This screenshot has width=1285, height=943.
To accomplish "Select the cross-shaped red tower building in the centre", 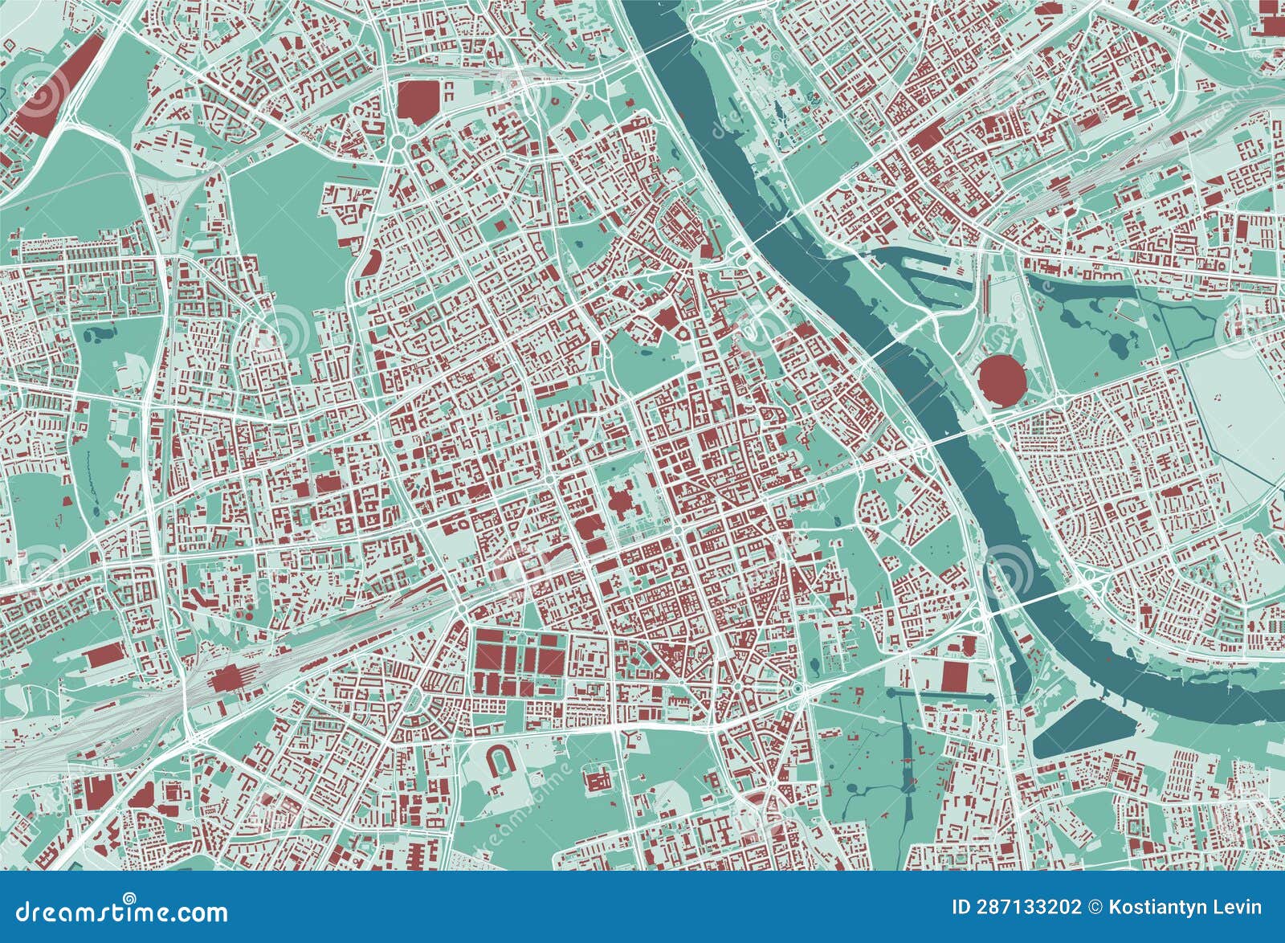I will (620, 504).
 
